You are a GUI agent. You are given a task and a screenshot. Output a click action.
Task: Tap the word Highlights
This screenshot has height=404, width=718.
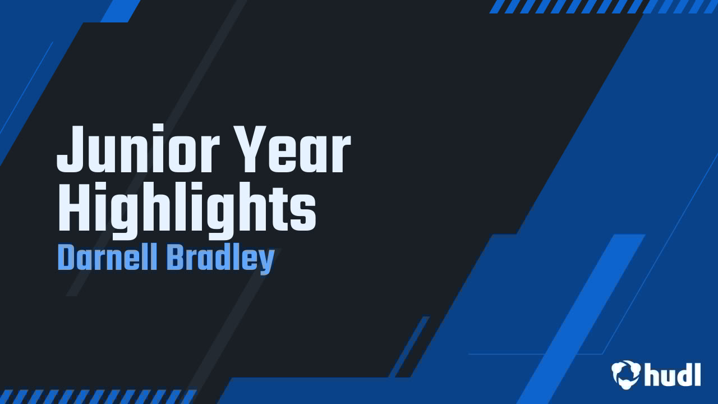(x=187, y=210)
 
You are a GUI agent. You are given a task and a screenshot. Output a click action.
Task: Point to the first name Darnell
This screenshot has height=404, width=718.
(x=105, y=258)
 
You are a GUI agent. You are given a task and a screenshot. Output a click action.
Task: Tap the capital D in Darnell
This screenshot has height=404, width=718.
(x=66, y=258)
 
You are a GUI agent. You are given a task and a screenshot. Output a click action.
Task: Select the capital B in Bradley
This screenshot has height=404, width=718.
(x=174, y=258)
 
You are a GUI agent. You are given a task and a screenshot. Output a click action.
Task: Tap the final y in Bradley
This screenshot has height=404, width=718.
(x=266, y=261)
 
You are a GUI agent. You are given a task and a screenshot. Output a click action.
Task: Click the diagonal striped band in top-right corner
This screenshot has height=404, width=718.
(x=603, y=6)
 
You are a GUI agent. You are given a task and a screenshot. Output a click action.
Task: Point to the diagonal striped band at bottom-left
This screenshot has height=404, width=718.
(x=98, y=397)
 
